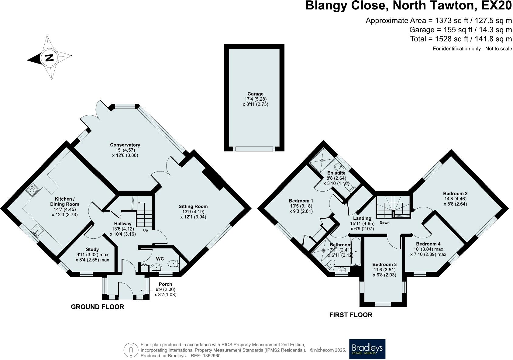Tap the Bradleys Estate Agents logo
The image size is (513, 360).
tap(367, 349)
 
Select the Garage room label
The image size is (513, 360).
tap(255, 94)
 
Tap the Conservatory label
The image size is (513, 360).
tap(125, 145)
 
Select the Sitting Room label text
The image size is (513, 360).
tap(193, 206)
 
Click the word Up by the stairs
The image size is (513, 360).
tap(146, 230)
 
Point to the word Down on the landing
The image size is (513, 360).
tap(384, 223)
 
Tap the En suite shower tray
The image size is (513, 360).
tap(322, 160)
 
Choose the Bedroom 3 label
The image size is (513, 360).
tap(384, 265)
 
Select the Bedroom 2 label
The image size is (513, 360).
tap(455, 193)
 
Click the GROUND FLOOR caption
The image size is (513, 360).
tap(97, 307)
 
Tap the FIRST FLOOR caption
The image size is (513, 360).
tap(351, 315)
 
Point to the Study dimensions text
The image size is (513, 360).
tap(92, 257)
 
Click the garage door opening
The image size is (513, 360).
tap(254, 149)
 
